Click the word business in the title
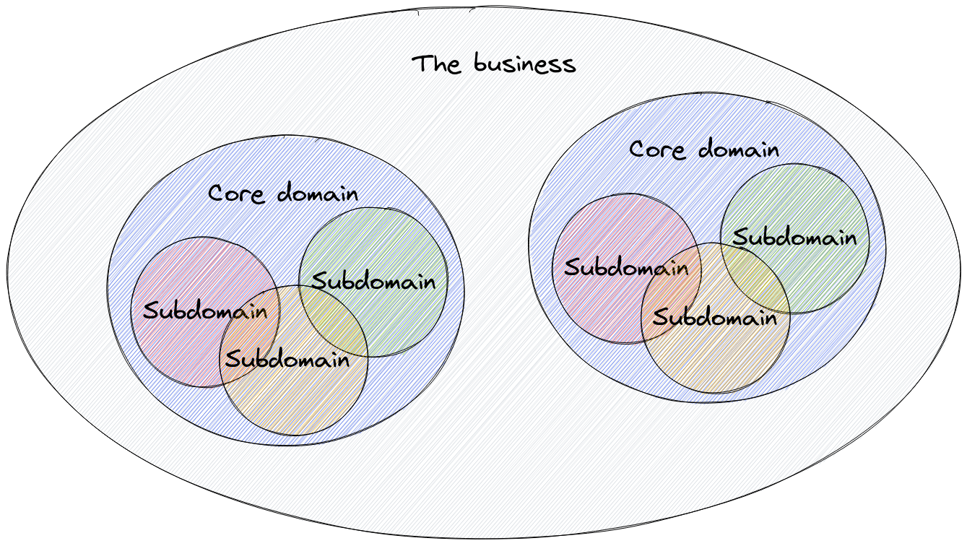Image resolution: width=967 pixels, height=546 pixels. click(525, 64)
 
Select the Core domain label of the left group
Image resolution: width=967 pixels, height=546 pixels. click(283, 194)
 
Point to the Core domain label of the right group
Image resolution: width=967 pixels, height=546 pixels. click(704, 149)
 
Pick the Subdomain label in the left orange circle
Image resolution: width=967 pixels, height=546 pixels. click(287, 358)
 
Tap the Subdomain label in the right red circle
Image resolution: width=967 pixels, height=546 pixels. click(626, 268)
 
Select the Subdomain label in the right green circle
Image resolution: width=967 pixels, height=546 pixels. click(794, 237)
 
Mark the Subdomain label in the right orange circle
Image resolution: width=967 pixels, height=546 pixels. click(715, 316)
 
